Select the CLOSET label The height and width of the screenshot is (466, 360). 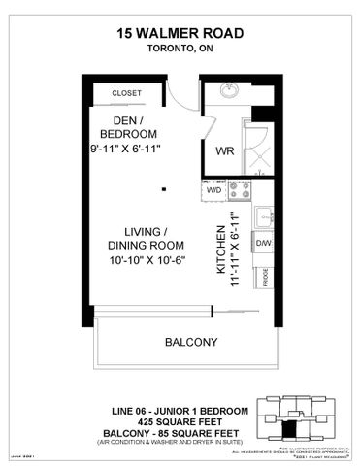click(x=126, y=93)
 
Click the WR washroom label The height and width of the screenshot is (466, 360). click(x=223, y=150)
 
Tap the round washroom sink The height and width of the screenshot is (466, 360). click(x=230, y=92)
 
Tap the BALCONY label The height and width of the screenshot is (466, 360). click(x=190, y=342)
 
